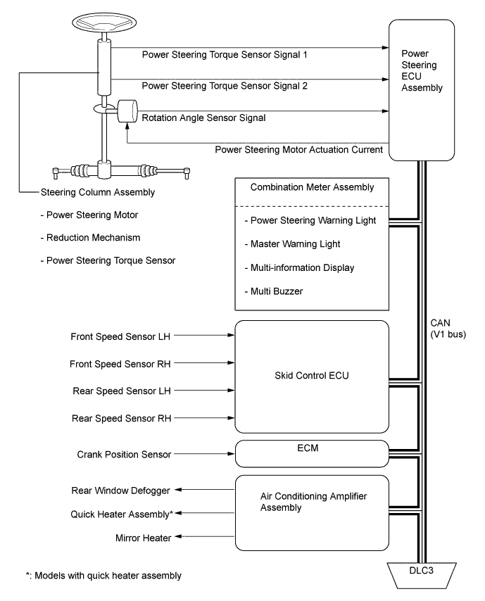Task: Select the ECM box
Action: click(312, 453)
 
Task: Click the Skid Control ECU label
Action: click(312, 376)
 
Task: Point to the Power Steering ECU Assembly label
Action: click(422, 70)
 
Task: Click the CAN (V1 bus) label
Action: click(448, 329)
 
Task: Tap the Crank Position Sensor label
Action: click(124, 454)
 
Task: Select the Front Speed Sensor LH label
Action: click(120, 336)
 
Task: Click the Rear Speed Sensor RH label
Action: click(122, 418)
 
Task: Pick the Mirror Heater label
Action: click(143, 538)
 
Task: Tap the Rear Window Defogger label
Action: click(120, 491)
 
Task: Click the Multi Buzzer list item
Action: click(274, 291)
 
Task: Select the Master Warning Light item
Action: click(292, 243)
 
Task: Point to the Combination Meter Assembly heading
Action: click(312, 187)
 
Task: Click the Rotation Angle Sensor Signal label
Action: click(203, 118)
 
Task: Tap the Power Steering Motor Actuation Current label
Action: click(298, 149)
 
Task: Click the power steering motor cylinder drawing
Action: click(127, 111)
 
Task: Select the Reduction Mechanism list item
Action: click(90, 238)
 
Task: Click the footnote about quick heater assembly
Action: click(103, 576)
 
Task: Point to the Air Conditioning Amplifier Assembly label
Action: click(313, 502)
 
